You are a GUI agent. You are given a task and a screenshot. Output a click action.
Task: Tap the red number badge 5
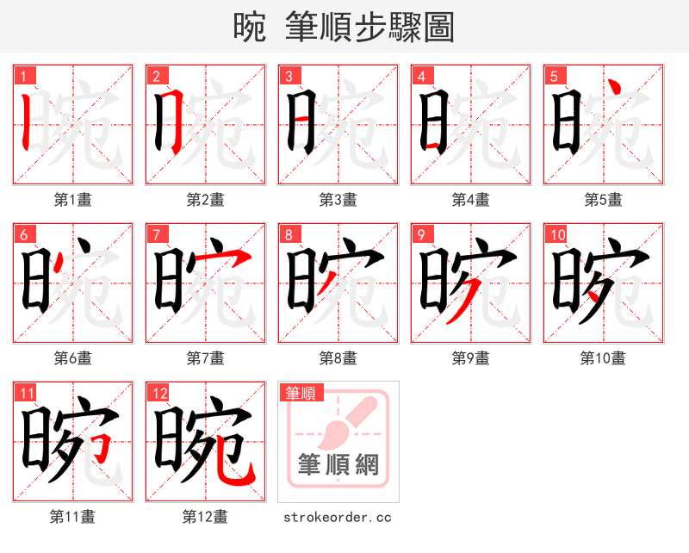pyautogui.click(x=554, y=76)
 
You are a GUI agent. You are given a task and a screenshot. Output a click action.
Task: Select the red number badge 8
pyautogui.click(x=289, y=234)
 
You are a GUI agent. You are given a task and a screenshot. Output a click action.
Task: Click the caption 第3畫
pyautogui.click(x=338, y=200)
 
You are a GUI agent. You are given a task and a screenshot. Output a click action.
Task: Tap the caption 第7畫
pyautogui.click(x=205, y=358)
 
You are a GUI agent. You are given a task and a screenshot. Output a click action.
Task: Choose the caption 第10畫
pyautogui.click(x=603, y=358)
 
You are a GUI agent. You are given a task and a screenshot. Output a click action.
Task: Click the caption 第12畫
pyautogui.click(x=205, y=517)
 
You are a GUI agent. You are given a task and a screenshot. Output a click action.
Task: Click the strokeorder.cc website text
pyautogui.click(x=338, y=517)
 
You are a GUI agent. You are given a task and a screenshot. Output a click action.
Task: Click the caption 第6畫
pyautogui.click(x=72, y=358)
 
